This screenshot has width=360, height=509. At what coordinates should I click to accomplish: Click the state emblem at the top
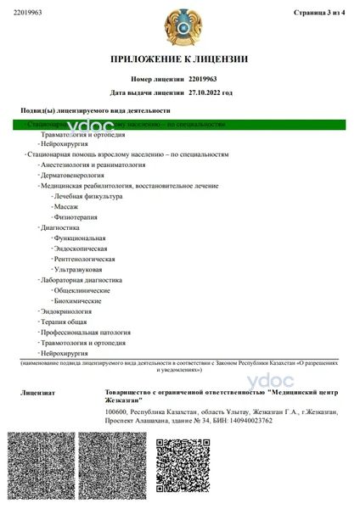[179, 25]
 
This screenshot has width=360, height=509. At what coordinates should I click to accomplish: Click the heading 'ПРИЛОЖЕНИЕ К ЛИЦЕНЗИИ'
[179, 59]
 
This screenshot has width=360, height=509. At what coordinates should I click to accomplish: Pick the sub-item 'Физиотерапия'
[74, 217]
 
